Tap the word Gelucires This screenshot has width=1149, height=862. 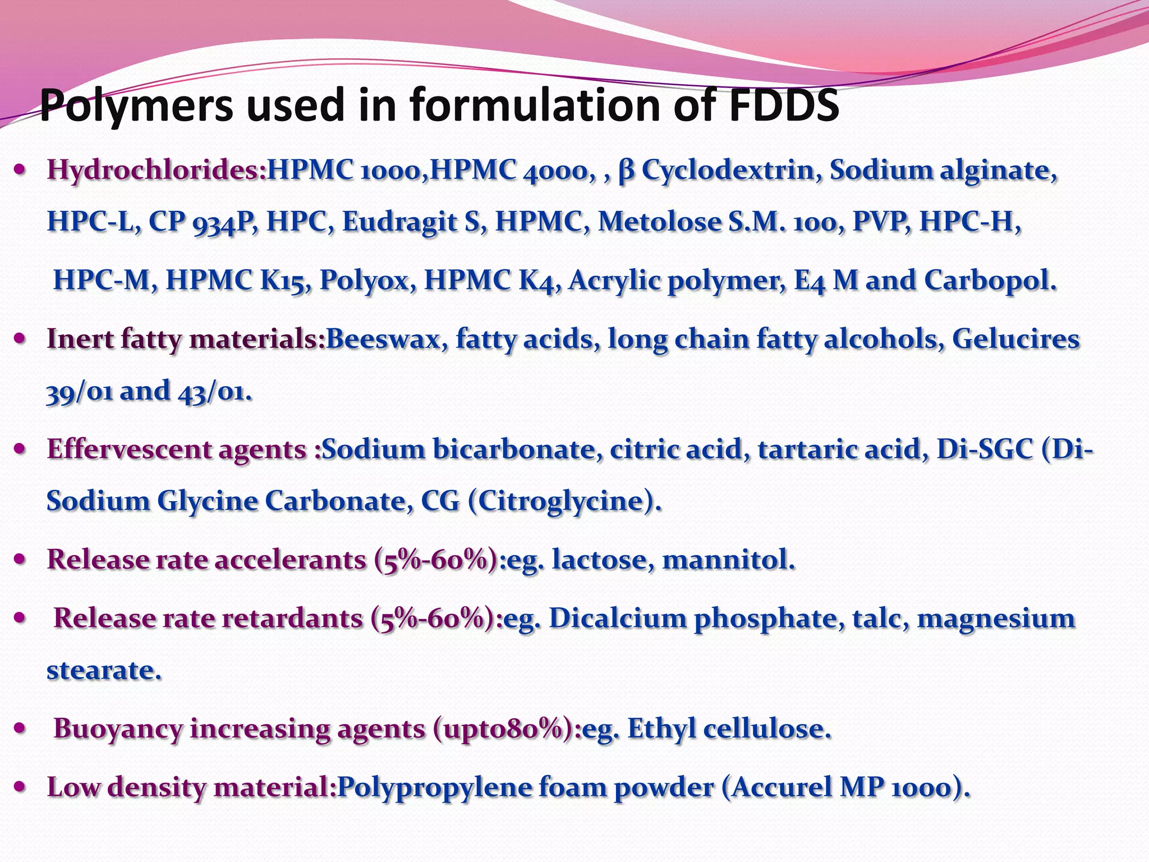tap(1015, 339)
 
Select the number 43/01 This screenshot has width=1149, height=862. tap(215, 392)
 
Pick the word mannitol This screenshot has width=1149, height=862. tap(728, 560)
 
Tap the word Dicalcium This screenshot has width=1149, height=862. tap(617, 618)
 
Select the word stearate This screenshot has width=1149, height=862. tap(104, 670)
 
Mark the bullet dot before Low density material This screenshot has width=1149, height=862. tap(20, 787)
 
